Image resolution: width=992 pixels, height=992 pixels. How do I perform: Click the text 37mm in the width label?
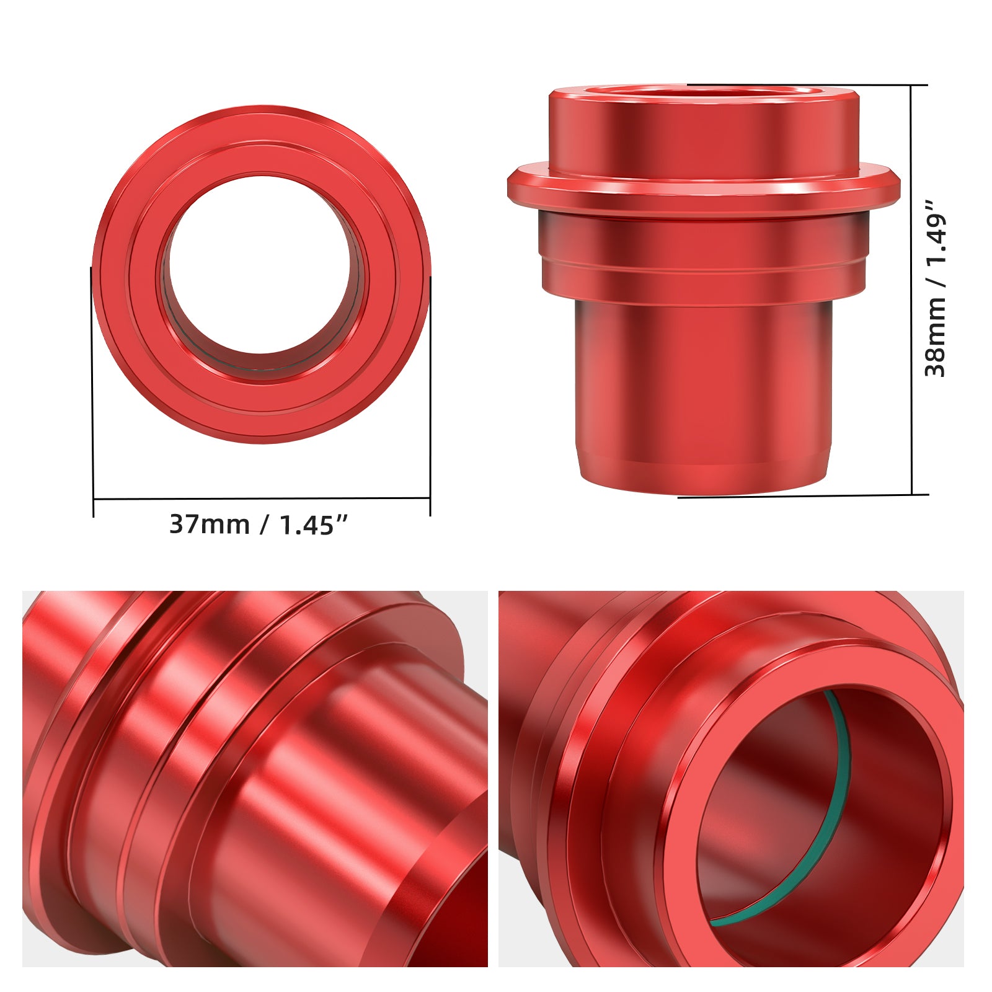[x=209, y=525]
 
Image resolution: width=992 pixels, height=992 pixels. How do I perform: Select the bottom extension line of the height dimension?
[x=806, y=496]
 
